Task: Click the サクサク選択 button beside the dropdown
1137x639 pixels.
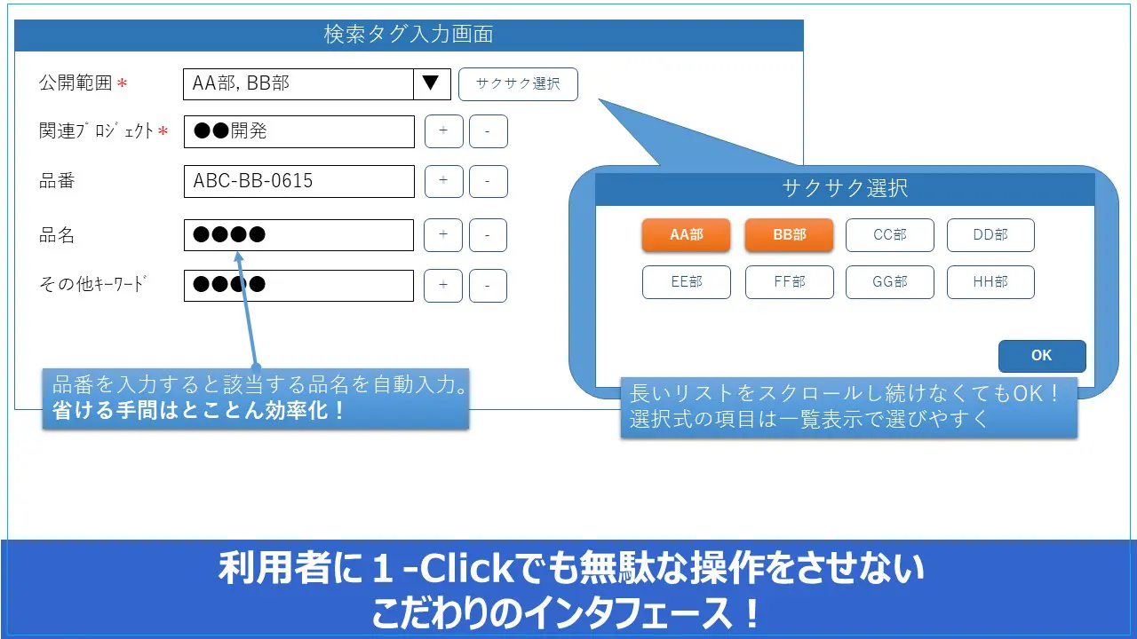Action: point(518,84)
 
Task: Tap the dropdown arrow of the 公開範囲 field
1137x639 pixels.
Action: point(432,84)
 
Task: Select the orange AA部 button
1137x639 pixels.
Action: point(687,235)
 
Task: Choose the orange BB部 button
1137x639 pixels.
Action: point(790,235)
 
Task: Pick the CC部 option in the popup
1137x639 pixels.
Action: point(890,235)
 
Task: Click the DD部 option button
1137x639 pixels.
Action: point(990,235)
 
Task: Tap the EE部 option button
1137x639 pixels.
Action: point(687,282)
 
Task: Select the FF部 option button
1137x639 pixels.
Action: point(790,282)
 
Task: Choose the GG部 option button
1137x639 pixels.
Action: point(890,282)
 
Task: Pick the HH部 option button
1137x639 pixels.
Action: point(990,282)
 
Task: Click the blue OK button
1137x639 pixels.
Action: point(1042,356)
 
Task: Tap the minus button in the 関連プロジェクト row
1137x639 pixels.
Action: point(489,131)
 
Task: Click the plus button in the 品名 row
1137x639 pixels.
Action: point(443,235)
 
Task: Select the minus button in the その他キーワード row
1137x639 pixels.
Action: point(488,286)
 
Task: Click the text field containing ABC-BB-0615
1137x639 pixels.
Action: point(299,181)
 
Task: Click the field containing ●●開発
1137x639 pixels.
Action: point(299,132)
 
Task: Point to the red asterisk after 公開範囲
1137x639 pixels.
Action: point(122,83)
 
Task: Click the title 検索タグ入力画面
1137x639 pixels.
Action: point(409,35)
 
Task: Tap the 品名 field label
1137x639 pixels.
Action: point(57,235)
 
